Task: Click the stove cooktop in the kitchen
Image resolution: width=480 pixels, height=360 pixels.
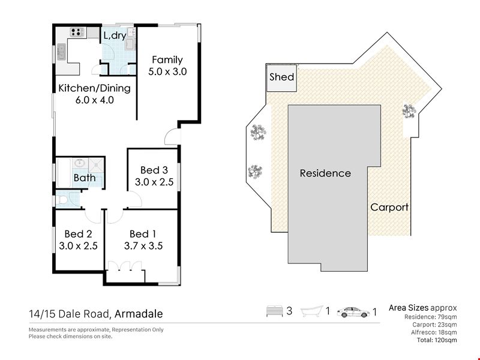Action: click(x=77, y=32)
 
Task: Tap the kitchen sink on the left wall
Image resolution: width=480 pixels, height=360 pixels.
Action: click(x=61, y=52)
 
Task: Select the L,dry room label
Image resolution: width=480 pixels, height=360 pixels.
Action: click(x=115, y=35)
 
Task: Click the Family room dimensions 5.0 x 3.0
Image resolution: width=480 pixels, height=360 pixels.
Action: click(x=167, y=71)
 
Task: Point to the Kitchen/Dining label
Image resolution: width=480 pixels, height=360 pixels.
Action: click(x=95, y=88)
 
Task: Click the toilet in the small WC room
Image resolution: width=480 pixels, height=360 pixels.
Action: click(x=62, y=200)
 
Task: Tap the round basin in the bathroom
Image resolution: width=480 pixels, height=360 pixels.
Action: click(x=80, y=163)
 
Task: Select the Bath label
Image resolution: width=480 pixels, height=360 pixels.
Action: click(x=85, y=178)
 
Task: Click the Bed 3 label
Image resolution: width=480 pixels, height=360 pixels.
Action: click(x=154, y=170)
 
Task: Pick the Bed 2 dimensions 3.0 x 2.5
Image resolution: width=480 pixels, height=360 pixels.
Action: click(x=79, y=246)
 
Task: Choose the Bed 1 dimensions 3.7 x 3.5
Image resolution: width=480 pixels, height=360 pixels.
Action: click(x=143, y=246)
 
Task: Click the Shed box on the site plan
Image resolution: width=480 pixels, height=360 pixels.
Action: click(x=281, y=78)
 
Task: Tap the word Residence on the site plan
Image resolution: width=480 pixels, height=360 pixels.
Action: click(x=325, y=173)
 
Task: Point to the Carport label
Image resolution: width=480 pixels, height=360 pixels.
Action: click(x=389, y=207)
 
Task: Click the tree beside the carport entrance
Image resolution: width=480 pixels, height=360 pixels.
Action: click(x=409, y=111)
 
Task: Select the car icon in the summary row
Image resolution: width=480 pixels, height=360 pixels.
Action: click(x=353, y=312)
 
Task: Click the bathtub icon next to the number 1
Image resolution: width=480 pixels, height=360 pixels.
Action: click(x=312, y=311)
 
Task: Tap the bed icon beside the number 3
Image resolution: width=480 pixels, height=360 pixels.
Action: click(x=275, y=311)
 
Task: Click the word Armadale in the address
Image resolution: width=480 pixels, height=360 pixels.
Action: click(x=139, y=314)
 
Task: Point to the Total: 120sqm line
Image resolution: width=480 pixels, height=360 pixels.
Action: click(x=437, y=340)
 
